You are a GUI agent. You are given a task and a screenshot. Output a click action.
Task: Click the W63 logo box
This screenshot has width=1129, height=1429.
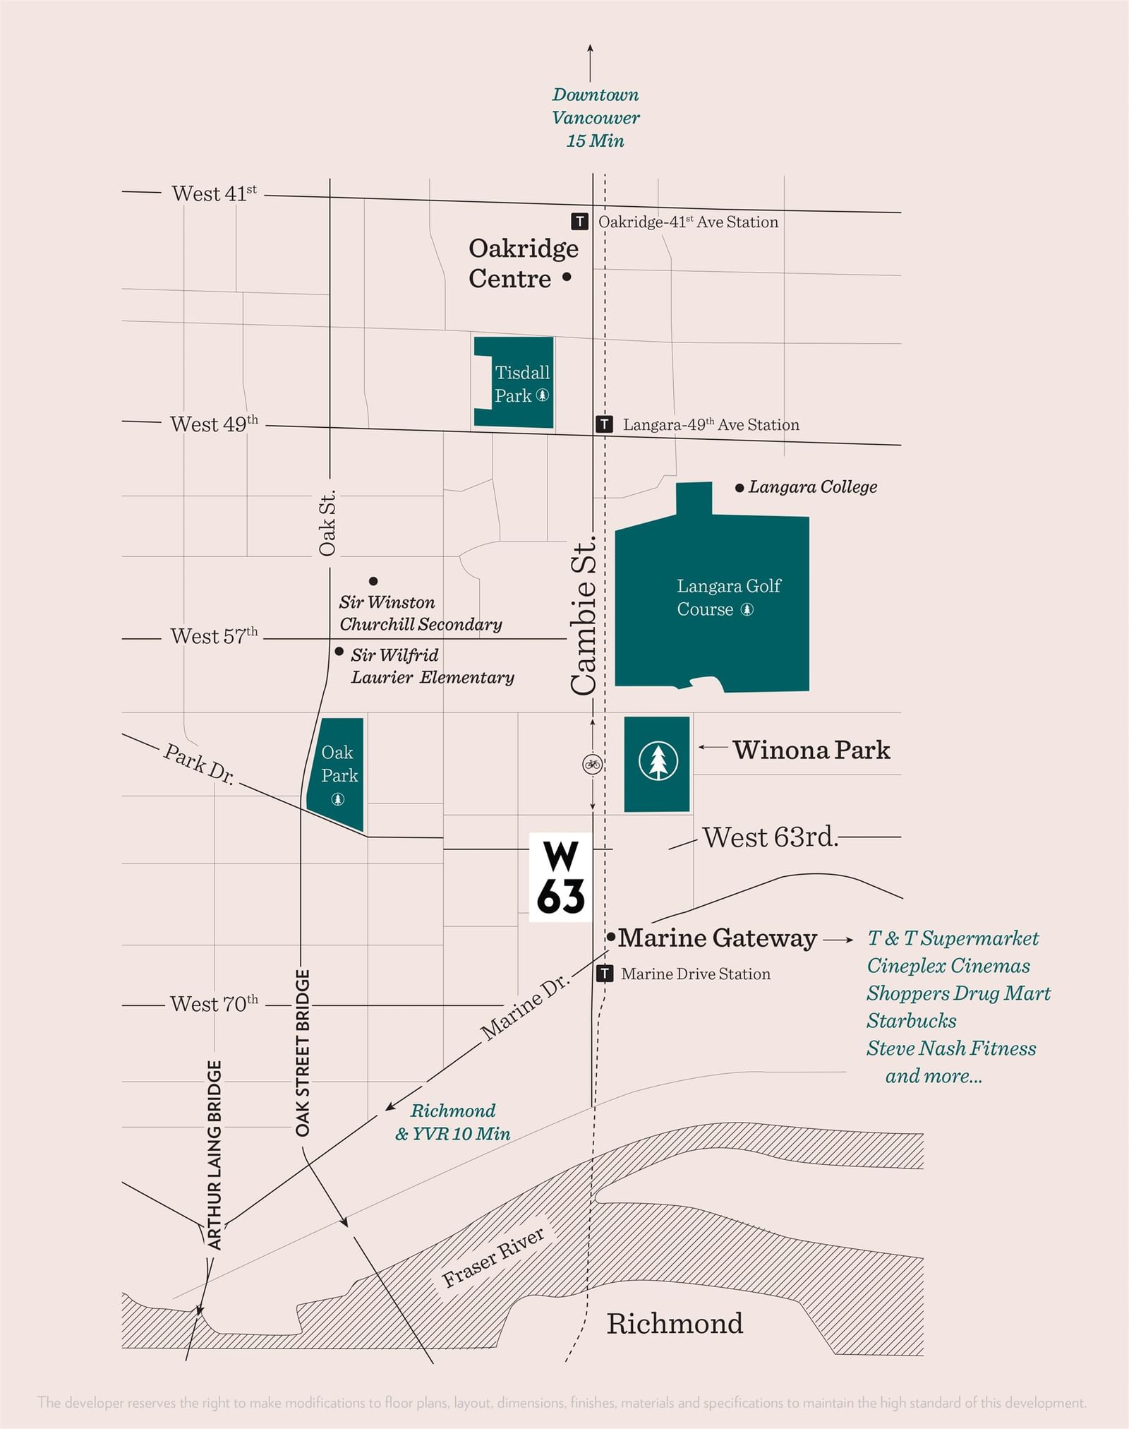point(561,878)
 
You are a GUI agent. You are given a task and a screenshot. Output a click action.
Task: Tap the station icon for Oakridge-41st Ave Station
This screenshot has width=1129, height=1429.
point(579,222)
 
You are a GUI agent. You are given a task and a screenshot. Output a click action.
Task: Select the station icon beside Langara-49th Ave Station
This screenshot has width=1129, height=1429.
point(604,424)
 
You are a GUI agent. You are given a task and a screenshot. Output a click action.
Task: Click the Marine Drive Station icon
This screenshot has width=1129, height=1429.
point(605,974)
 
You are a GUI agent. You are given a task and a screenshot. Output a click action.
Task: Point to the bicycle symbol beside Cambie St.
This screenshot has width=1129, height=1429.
point(592,763)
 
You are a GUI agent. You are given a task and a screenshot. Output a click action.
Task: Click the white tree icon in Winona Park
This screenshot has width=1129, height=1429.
point(658,761)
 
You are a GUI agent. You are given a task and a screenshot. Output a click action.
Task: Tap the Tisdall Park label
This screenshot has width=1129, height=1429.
point(522,383)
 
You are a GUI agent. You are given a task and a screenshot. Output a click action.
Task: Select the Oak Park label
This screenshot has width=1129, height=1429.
point(339,764)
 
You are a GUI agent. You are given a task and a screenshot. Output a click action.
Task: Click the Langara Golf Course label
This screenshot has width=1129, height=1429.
point(729,597)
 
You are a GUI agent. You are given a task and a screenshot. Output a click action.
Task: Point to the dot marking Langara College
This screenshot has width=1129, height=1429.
point(739,488)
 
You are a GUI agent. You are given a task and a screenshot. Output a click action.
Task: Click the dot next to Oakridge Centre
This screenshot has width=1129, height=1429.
point(567,277)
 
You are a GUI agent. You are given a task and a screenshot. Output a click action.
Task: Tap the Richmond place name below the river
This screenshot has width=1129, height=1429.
point(675,1323)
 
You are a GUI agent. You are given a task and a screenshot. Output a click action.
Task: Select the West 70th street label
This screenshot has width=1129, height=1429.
point(214,1003)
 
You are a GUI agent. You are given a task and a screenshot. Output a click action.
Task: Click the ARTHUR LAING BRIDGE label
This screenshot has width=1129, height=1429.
point(215,1154)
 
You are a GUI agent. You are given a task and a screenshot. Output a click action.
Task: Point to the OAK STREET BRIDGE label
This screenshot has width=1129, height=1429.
point(303,1053)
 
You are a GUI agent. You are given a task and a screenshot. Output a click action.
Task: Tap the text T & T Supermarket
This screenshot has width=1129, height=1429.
point(953,938)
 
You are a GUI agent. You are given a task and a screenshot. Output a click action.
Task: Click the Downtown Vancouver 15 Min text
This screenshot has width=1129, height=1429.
point(596,118)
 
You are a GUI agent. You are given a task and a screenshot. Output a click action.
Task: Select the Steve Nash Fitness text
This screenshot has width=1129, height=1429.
point(951,1048)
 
